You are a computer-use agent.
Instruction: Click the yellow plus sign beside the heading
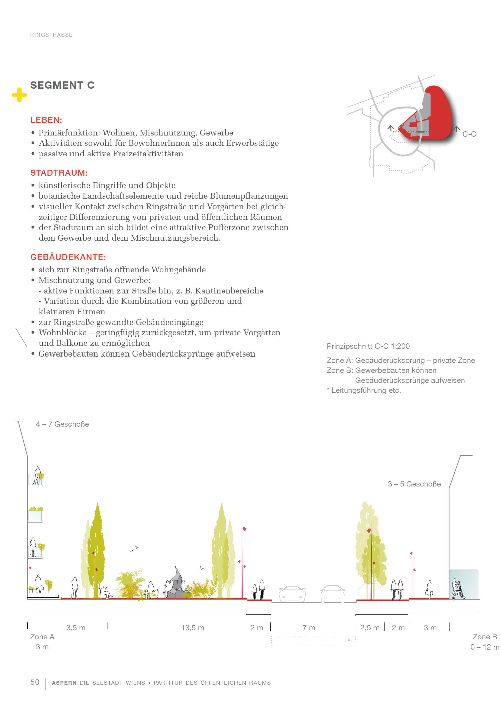(19, 95)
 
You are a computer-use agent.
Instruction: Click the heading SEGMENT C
(62, 85)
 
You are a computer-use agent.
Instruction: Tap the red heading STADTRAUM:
(59, 173)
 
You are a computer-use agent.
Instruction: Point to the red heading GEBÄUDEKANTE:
(68, 257)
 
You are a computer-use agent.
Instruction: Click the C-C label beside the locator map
(469, 134)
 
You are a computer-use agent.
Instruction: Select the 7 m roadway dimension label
(309, 628)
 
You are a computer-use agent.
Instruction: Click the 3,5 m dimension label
(76, 628)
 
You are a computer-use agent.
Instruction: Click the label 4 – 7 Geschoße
(62, 424)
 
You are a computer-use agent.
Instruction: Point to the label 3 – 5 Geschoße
(414, 484)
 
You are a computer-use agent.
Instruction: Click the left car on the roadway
(292, 594)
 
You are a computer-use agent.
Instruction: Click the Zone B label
(485, 637)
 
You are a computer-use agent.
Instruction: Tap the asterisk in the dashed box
(349, 640)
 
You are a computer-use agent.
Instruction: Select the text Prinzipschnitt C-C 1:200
(368, 346)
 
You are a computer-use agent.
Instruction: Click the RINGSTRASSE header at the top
(51, 35)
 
